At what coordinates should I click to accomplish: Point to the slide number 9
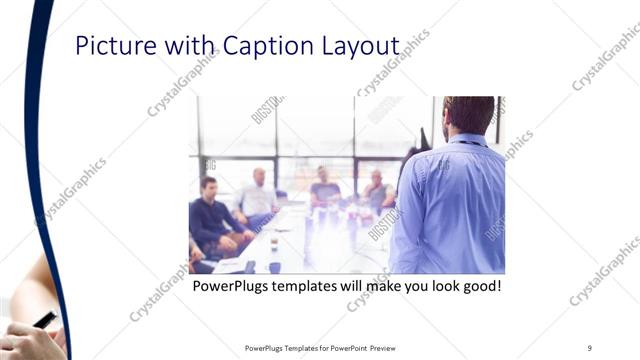tap(589, 347)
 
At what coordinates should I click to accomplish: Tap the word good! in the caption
tap(478, 287)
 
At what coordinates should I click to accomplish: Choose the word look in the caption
tap(431, 287)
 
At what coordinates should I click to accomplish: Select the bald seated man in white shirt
tap(258, 195)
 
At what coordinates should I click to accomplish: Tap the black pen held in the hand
tap(44, 320)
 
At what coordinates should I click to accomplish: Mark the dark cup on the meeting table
tap(273, 266)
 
